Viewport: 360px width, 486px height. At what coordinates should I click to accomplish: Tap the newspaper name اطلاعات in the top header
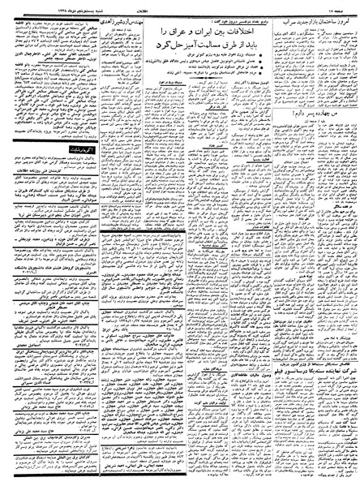click(x=179, y=4)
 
